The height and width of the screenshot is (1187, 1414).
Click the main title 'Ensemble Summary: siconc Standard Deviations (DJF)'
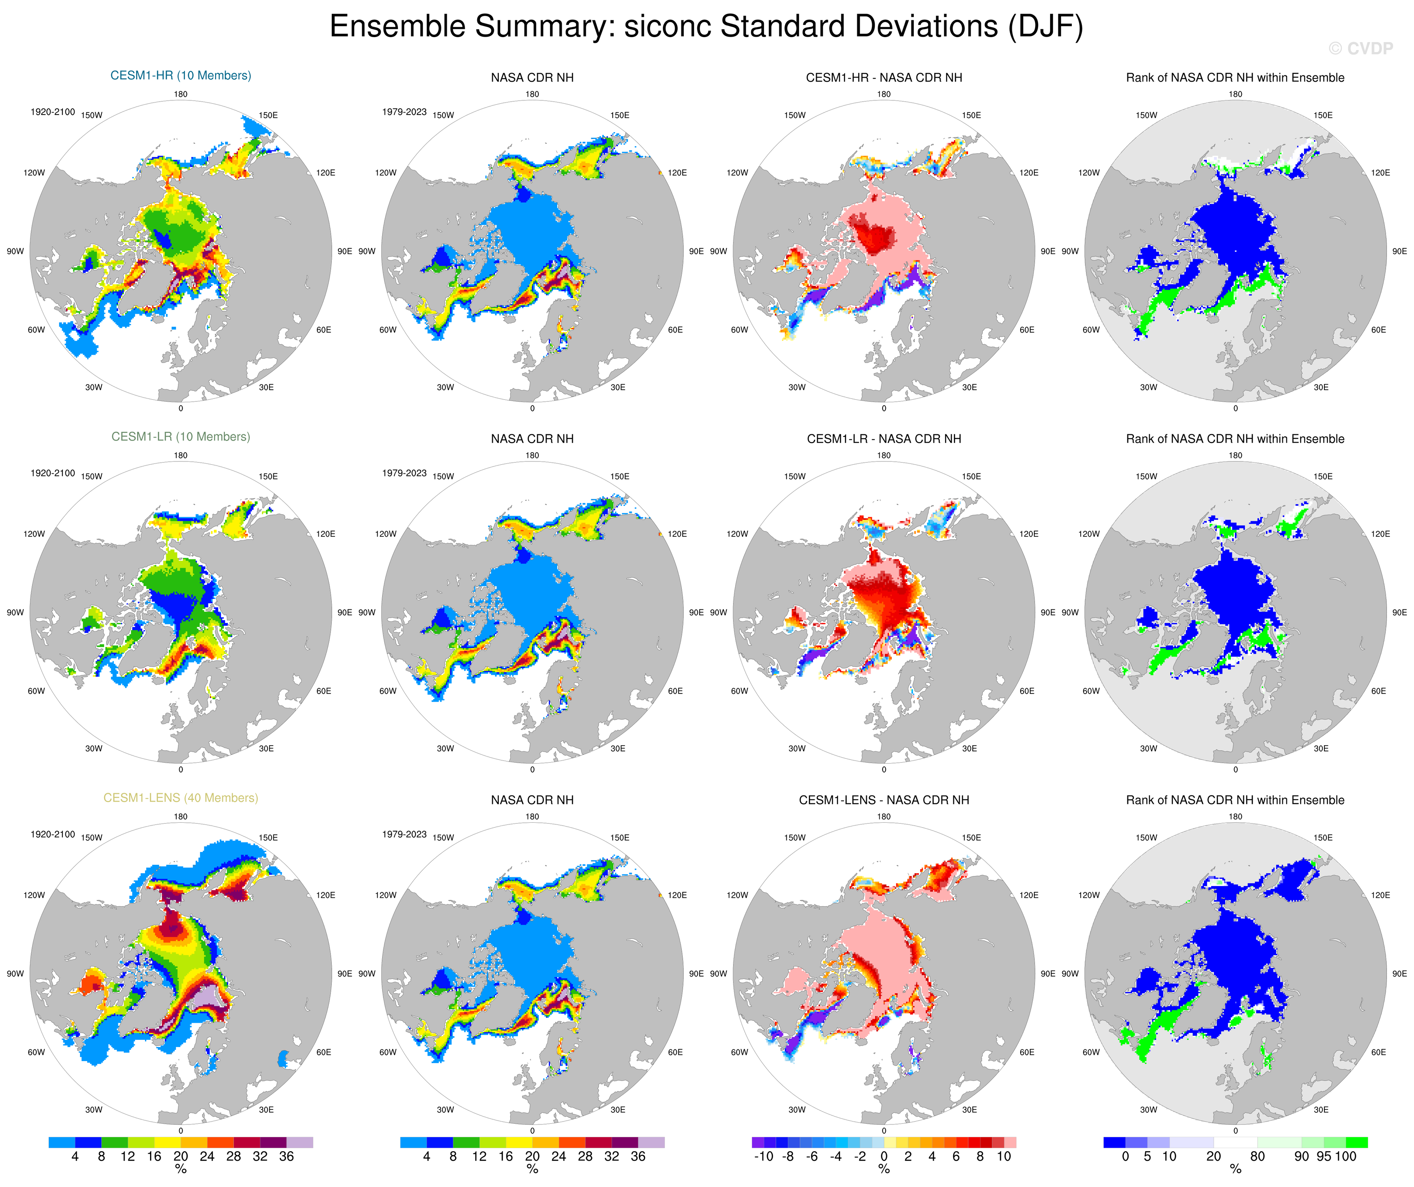point(706,27)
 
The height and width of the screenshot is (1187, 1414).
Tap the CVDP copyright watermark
point(1360,48)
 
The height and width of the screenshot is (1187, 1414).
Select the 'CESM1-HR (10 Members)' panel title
point(180,75)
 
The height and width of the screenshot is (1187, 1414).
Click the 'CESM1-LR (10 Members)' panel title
point(180,436)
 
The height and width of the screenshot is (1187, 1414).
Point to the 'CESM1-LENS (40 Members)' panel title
point(180,798)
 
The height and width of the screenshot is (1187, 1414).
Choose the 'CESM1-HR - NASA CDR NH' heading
point(883,78)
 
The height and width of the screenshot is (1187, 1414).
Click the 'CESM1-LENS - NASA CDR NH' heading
point(883,800)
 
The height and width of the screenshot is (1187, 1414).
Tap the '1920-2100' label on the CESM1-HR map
point(53,112)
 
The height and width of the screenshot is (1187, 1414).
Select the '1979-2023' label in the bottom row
point(404,834)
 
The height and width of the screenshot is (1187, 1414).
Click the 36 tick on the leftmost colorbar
point(286,1157)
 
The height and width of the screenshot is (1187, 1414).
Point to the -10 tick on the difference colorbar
point(763,1157)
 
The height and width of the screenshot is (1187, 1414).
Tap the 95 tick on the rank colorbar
point(1324,1157)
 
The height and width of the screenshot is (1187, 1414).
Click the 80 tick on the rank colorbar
point(1257,1157)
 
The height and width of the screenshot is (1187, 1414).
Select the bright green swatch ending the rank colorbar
point(1356,1142)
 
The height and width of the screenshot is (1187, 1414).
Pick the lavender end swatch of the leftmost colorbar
point(300,1142)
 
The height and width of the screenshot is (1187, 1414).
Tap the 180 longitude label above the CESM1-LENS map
point(180,817)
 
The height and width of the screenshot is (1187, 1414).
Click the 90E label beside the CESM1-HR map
point(344,251)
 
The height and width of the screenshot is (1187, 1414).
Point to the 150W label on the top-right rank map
point(1146,115)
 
